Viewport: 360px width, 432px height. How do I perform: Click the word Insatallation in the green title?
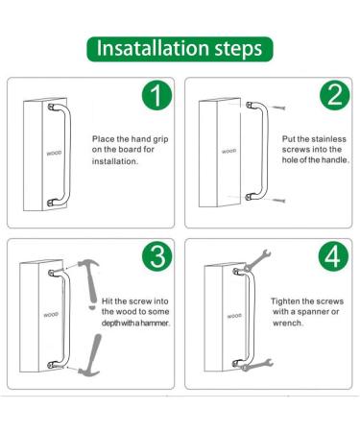click(x=153, y=48)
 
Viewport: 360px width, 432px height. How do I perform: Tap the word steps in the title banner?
click(x=238, y=50)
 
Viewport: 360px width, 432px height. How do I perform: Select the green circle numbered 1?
click(x=156, y=95)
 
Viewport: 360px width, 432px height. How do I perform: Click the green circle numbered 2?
click(x=335, y=95)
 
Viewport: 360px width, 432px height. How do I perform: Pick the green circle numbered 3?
click(x=156, y=257)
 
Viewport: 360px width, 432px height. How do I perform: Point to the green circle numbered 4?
click(x=333, y=257)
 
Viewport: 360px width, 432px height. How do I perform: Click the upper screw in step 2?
click(x=277, y=108)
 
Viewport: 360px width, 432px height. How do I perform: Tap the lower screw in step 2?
click(x=278, y=201)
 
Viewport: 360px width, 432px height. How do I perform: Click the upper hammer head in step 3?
click(x=88, y=264)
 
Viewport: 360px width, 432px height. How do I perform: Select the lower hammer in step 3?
click(x=90, y=357)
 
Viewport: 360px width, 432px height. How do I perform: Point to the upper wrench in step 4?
click(x=258, y=260)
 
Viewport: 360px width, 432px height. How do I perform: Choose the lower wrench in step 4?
click(x=258, y=365)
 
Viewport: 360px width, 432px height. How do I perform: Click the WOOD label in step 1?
click(x=54, y=154)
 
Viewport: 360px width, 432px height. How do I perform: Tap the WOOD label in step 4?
click(x=234, y=316)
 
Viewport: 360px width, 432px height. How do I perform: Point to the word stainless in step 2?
click(x=329, y=139)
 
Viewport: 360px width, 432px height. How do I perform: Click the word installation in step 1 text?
click(x=115, y=161)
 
